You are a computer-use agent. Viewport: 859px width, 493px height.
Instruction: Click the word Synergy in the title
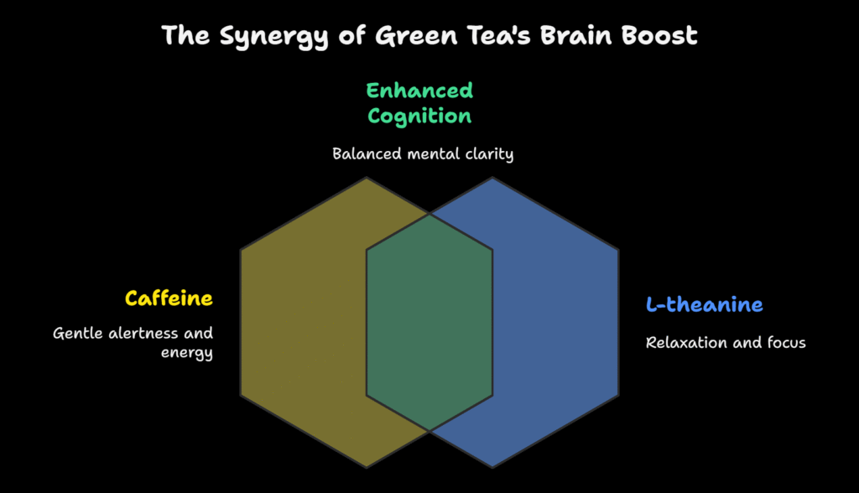pos(273,37)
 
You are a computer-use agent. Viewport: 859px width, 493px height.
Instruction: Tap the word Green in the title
pos(416,36)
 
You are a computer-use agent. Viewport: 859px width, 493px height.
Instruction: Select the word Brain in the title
pos(575,35)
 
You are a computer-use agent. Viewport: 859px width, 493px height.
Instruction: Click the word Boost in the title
pos(659,35)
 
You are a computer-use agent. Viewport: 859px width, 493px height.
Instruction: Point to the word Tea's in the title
pos(498,35)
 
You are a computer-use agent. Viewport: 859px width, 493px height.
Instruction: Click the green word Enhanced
pos(419,91)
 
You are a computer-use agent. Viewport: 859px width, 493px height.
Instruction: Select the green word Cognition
pos(419,117)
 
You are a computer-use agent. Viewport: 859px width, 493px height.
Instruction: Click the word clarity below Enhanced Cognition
pos(489,154)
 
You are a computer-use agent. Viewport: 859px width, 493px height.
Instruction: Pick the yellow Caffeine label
pos(169,298)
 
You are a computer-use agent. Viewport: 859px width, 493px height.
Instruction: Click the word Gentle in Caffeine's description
pos(77,333)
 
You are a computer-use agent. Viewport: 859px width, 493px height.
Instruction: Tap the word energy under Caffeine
pos(187,353)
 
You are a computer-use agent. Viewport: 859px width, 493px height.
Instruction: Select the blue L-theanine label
pos(705,304)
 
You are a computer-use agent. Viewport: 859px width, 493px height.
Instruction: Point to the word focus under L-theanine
pos(786,342)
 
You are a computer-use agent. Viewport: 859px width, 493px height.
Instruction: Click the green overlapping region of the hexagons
pos(429,322)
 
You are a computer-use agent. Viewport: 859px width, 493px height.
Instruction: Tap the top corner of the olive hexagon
pos(367,177)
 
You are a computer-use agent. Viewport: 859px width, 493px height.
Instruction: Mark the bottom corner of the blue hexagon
pos(492,468)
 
